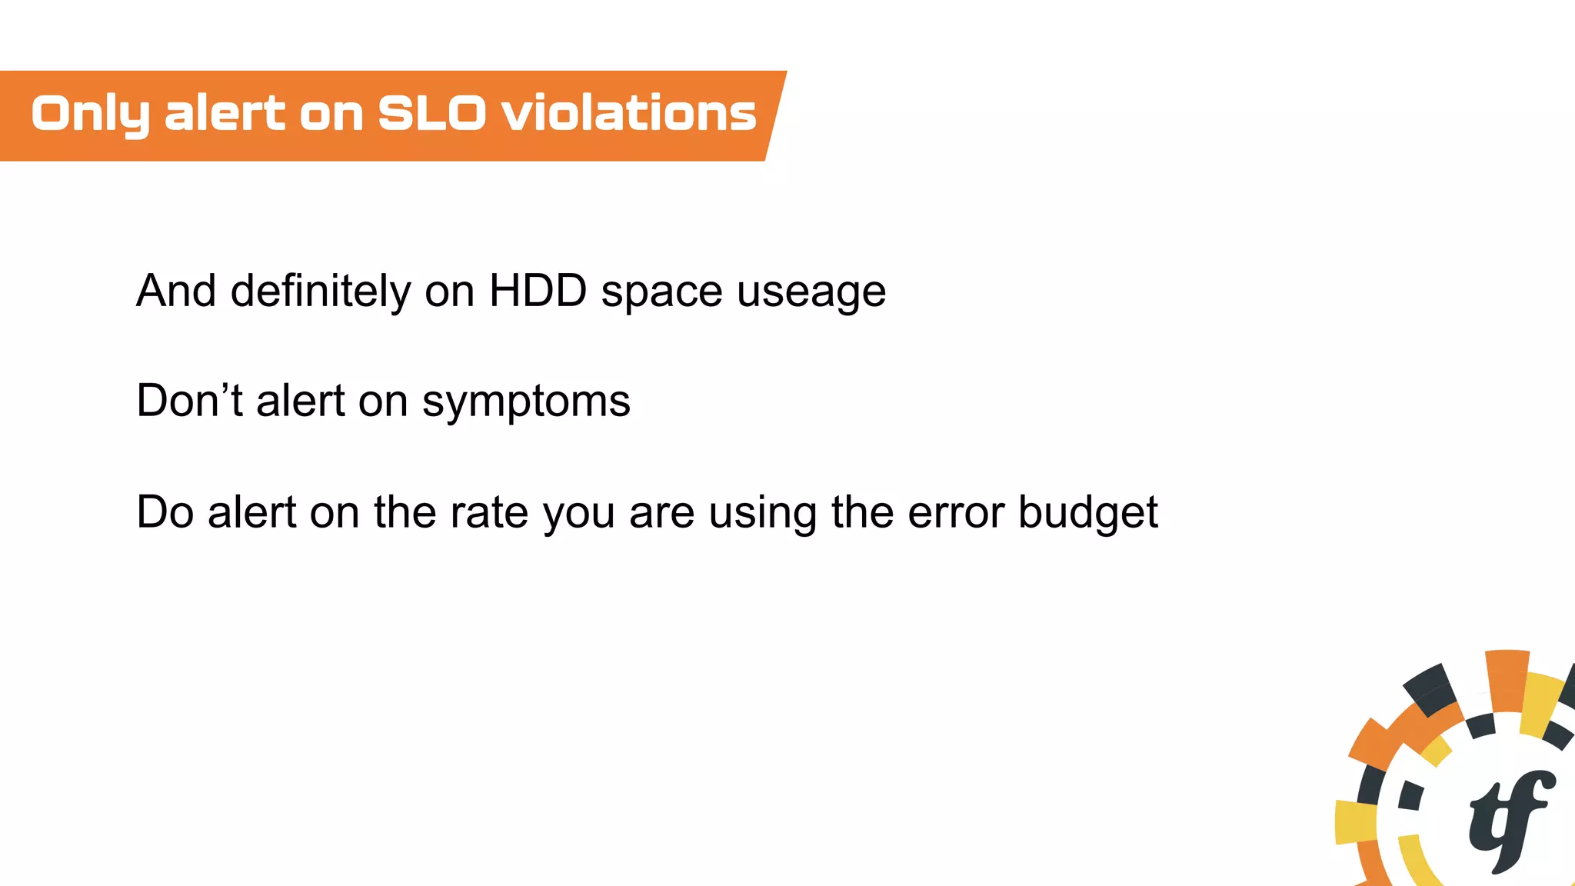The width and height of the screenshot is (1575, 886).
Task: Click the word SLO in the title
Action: [431, 114]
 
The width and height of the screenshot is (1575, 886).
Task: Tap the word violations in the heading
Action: [629, 114]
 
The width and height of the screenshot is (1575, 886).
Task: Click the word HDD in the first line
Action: [538, 291]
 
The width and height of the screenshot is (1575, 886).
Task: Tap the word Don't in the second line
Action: [189, 401]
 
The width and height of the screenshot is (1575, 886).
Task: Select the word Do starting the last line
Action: [164, 512]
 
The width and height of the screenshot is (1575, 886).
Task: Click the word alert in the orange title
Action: [225, 114]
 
